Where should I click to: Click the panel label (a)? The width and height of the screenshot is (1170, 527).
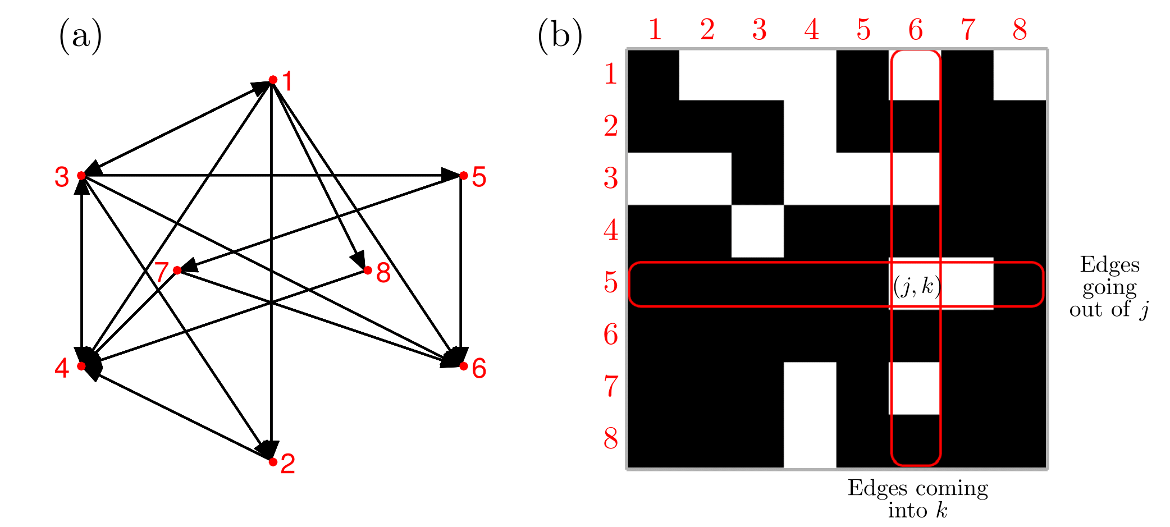click(x=80, y=36)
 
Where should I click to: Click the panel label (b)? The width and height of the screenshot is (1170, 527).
click(x=560, y=36)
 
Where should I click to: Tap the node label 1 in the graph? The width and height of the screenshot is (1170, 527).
click(x=287, y=81)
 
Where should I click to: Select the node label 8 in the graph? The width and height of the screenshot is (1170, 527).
click(x=383, y=273)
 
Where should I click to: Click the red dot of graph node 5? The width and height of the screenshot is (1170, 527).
click(x=463, y=176)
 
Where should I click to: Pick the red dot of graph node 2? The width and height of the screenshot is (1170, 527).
click(x=273, y=462)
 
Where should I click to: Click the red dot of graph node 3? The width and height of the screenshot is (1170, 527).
click(x=81, y=176)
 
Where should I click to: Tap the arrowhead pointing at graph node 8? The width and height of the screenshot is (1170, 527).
click(x=359, y=261)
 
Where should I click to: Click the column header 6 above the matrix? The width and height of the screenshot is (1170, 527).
click(x=915, y=29)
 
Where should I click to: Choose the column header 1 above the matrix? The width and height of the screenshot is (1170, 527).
click(x=655, y=29)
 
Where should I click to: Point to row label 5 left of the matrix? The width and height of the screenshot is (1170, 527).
click(x=611, y=282)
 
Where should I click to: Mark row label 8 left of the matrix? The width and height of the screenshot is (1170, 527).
click(x=611, y=439)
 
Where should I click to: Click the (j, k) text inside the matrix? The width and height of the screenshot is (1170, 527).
click(x=916, y=286)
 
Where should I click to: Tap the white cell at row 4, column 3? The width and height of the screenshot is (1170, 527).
click(x=757, y=231)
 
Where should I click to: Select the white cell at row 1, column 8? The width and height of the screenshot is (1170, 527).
click(x=1020, y=75)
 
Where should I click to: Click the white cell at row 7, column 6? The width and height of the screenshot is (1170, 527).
click(x=915, y=388)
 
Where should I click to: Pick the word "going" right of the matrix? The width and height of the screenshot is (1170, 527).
click(x=1109, y=288)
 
